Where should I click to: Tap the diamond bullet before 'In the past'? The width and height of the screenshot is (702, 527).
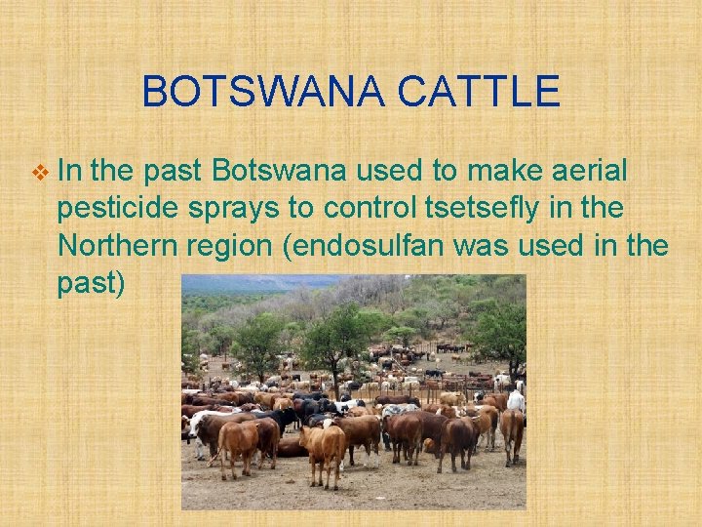39,173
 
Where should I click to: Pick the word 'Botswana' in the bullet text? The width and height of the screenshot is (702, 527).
279,173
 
